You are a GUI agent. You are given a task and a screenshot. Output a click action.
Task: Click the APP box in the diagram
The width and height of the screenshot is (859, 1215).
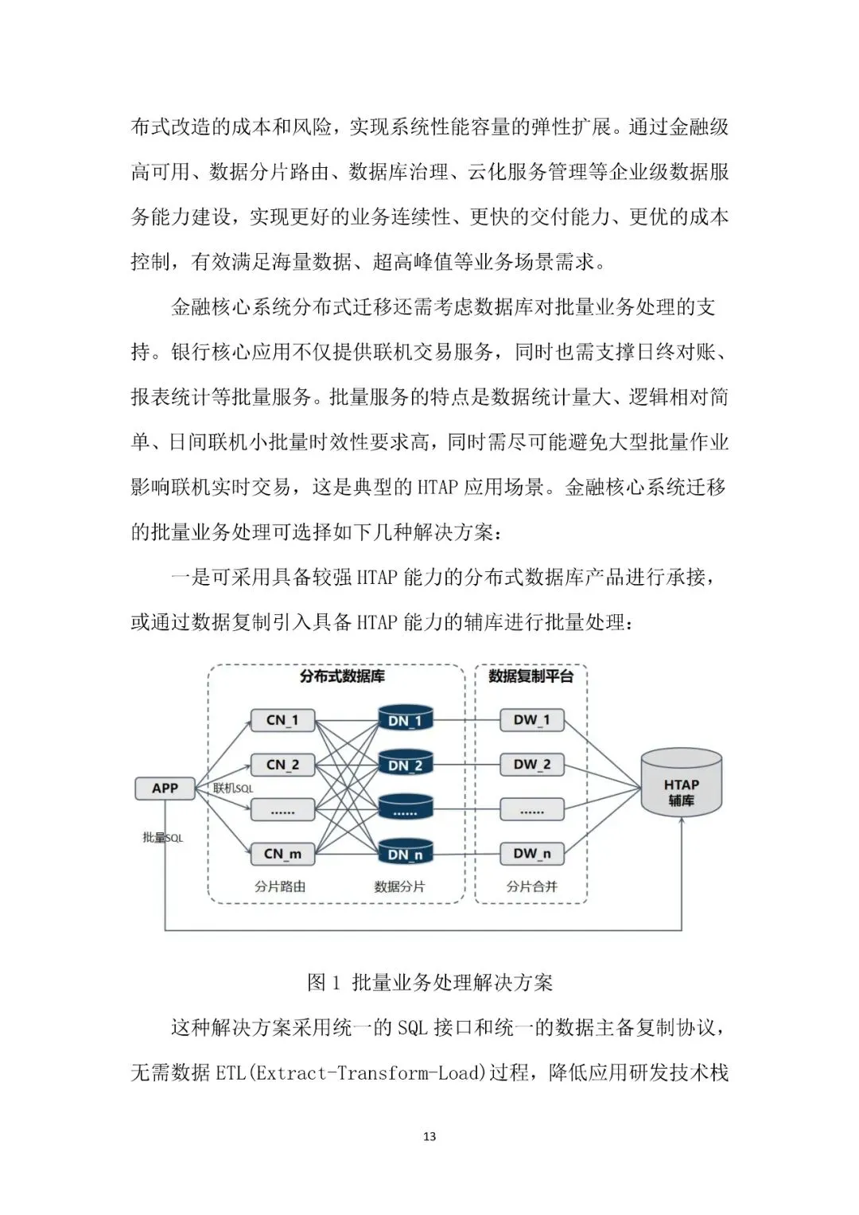[165, 788]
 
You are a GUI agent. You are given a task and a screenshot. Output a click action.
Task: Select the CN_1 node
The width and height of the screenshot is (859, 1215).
[282, 720]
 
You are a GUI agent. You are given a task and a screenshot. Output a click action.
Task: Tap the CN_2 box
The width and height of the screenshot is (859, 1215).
[282, 765]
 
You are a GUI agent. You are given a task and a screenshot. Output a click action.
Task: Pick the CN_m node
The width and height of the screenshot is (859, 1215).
[282, 854]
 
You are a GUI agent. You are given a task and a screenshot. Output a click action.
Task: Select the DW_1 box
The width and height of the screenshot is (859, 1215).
[531, 720]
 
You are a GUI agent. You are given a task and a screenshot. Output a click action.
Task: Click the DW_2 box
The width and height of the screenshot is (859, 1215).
[531, 765]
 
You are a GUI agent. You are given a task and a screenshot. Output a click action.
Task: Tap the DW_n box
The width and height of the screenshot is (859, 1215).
[531, 854]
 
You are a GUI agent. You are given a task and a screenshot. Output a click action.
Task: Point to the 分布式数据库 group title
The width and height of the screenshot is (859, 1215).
[342, 676]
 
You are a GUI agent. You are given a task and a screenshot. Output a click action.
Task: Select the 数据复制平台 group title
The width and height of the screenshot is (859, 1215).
[531, 676]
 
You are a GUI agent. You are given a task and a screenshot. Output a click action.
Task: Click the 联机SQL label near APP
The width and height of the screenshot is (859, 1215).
[233, 789]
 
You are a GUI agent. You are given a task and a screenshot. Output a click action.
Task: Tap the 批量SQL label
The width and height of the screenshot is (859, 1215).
[162, 838]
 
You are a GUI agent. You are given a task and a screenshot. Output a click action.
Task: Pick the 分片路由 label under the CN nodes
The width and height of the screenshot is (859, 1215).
[280, 886]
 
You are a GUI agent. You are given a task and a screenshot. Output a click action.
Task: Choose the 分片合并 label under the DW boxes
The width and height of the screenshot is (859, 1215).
[531, 886]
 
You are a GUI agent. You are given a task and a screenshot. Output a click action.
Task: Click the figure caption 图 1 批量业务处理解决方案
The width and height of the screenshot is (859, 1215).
[429, 983]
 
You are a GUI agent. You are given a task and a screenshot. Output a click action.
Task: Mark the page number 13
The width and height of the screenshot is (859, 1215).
[429, 1136]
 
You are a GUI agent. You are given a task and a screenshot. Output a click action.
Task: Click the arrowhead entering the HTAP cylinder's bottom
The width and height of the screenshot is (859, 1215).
[682, 821]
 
